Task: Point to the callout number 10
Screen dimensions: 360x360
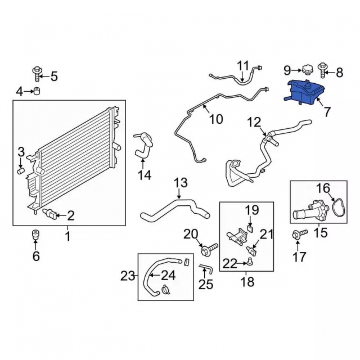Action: click(x=216, y=120)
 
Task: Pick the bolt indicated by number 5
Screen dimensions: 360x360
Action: click(x=37, y=74)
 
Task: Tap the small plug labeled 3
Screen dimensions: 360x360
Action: click(x=21, y=171)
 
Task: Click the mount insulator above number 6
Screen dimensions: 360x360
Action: click(x=35, y=234)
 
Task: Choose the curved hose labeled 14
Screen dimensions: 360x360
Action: click(x=144, y=145)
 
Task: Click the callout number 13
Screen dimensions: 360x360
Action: click(x=181, y=183)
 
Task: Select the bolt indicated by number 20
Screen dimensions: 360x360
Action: click(x=210, y=249)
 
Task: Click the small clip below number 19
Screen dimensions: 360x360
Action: click(x=250, y=229)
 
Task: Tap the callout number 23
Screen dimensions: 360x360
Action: click(x=128, y=276)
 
